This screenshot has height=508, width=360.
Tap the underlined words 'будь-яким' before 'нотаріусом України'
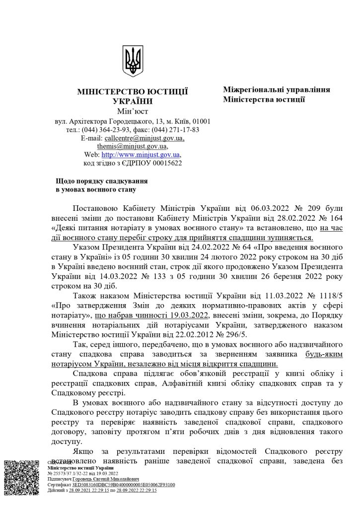(324, 355)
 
